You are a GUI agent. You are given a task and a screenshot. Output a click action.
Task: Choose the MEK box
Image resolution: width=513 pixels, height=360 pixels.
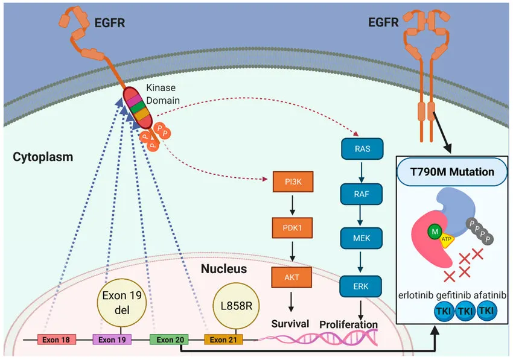(x=360, y=239)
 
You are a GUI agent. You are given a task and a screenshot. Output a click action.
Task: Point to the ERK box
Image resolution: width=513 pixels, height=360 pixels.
(x=360, y=284)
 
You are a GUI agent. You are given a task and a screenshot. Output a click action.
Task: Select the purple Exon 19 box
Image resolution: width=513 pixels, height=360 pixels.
(x=112, y=339)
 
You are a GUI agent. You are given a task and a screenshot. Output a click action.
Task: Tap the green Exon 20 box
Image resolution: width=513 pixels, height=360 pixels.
(x=170, y=339)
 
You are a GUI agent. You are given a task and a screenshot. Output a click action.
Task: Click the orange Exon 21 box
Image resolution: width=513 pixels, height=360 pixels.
(x=223, y=339)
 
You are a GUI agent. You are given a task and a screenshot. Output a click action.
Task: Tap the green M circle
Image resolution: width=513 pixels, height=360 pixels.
(x=433, y=230)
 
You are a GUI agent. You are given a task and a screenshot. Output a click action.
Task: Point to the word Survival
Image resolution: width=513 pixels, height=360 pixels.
(x=290, y=324)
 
